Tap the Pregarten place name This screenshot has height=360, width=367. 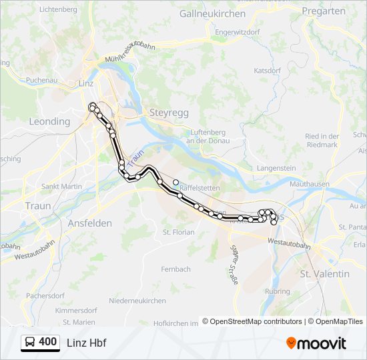coord(324,11)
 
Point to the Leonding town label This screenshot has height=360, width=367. coord(49,121)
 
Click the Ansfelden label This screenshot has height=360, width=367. coord(89,223)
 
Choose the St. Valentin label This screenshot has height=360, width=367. coord(325,273)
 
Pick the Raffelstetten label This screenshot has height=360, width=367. coord(196,188)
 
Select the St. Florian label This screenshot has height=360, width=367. coord(179,232)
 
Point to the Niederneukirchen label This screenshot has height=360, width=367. coord(137,301)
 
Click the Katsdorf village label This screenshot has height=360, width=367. coord(267,70)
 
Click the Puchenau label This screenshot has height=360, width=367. coord(42,80)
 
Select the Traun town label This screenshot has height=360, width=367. coord(37,206)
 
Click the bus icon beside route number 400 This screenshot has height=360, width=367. coord(30,342)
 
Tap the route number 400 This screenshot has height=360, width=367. coord(48,342)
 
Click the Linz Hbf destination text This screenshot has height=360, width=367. coord(87,343)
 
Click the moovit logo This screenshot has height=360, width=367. coord(316,343)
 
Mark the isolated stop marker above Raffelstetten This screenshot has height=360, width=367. coord(176,181)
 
